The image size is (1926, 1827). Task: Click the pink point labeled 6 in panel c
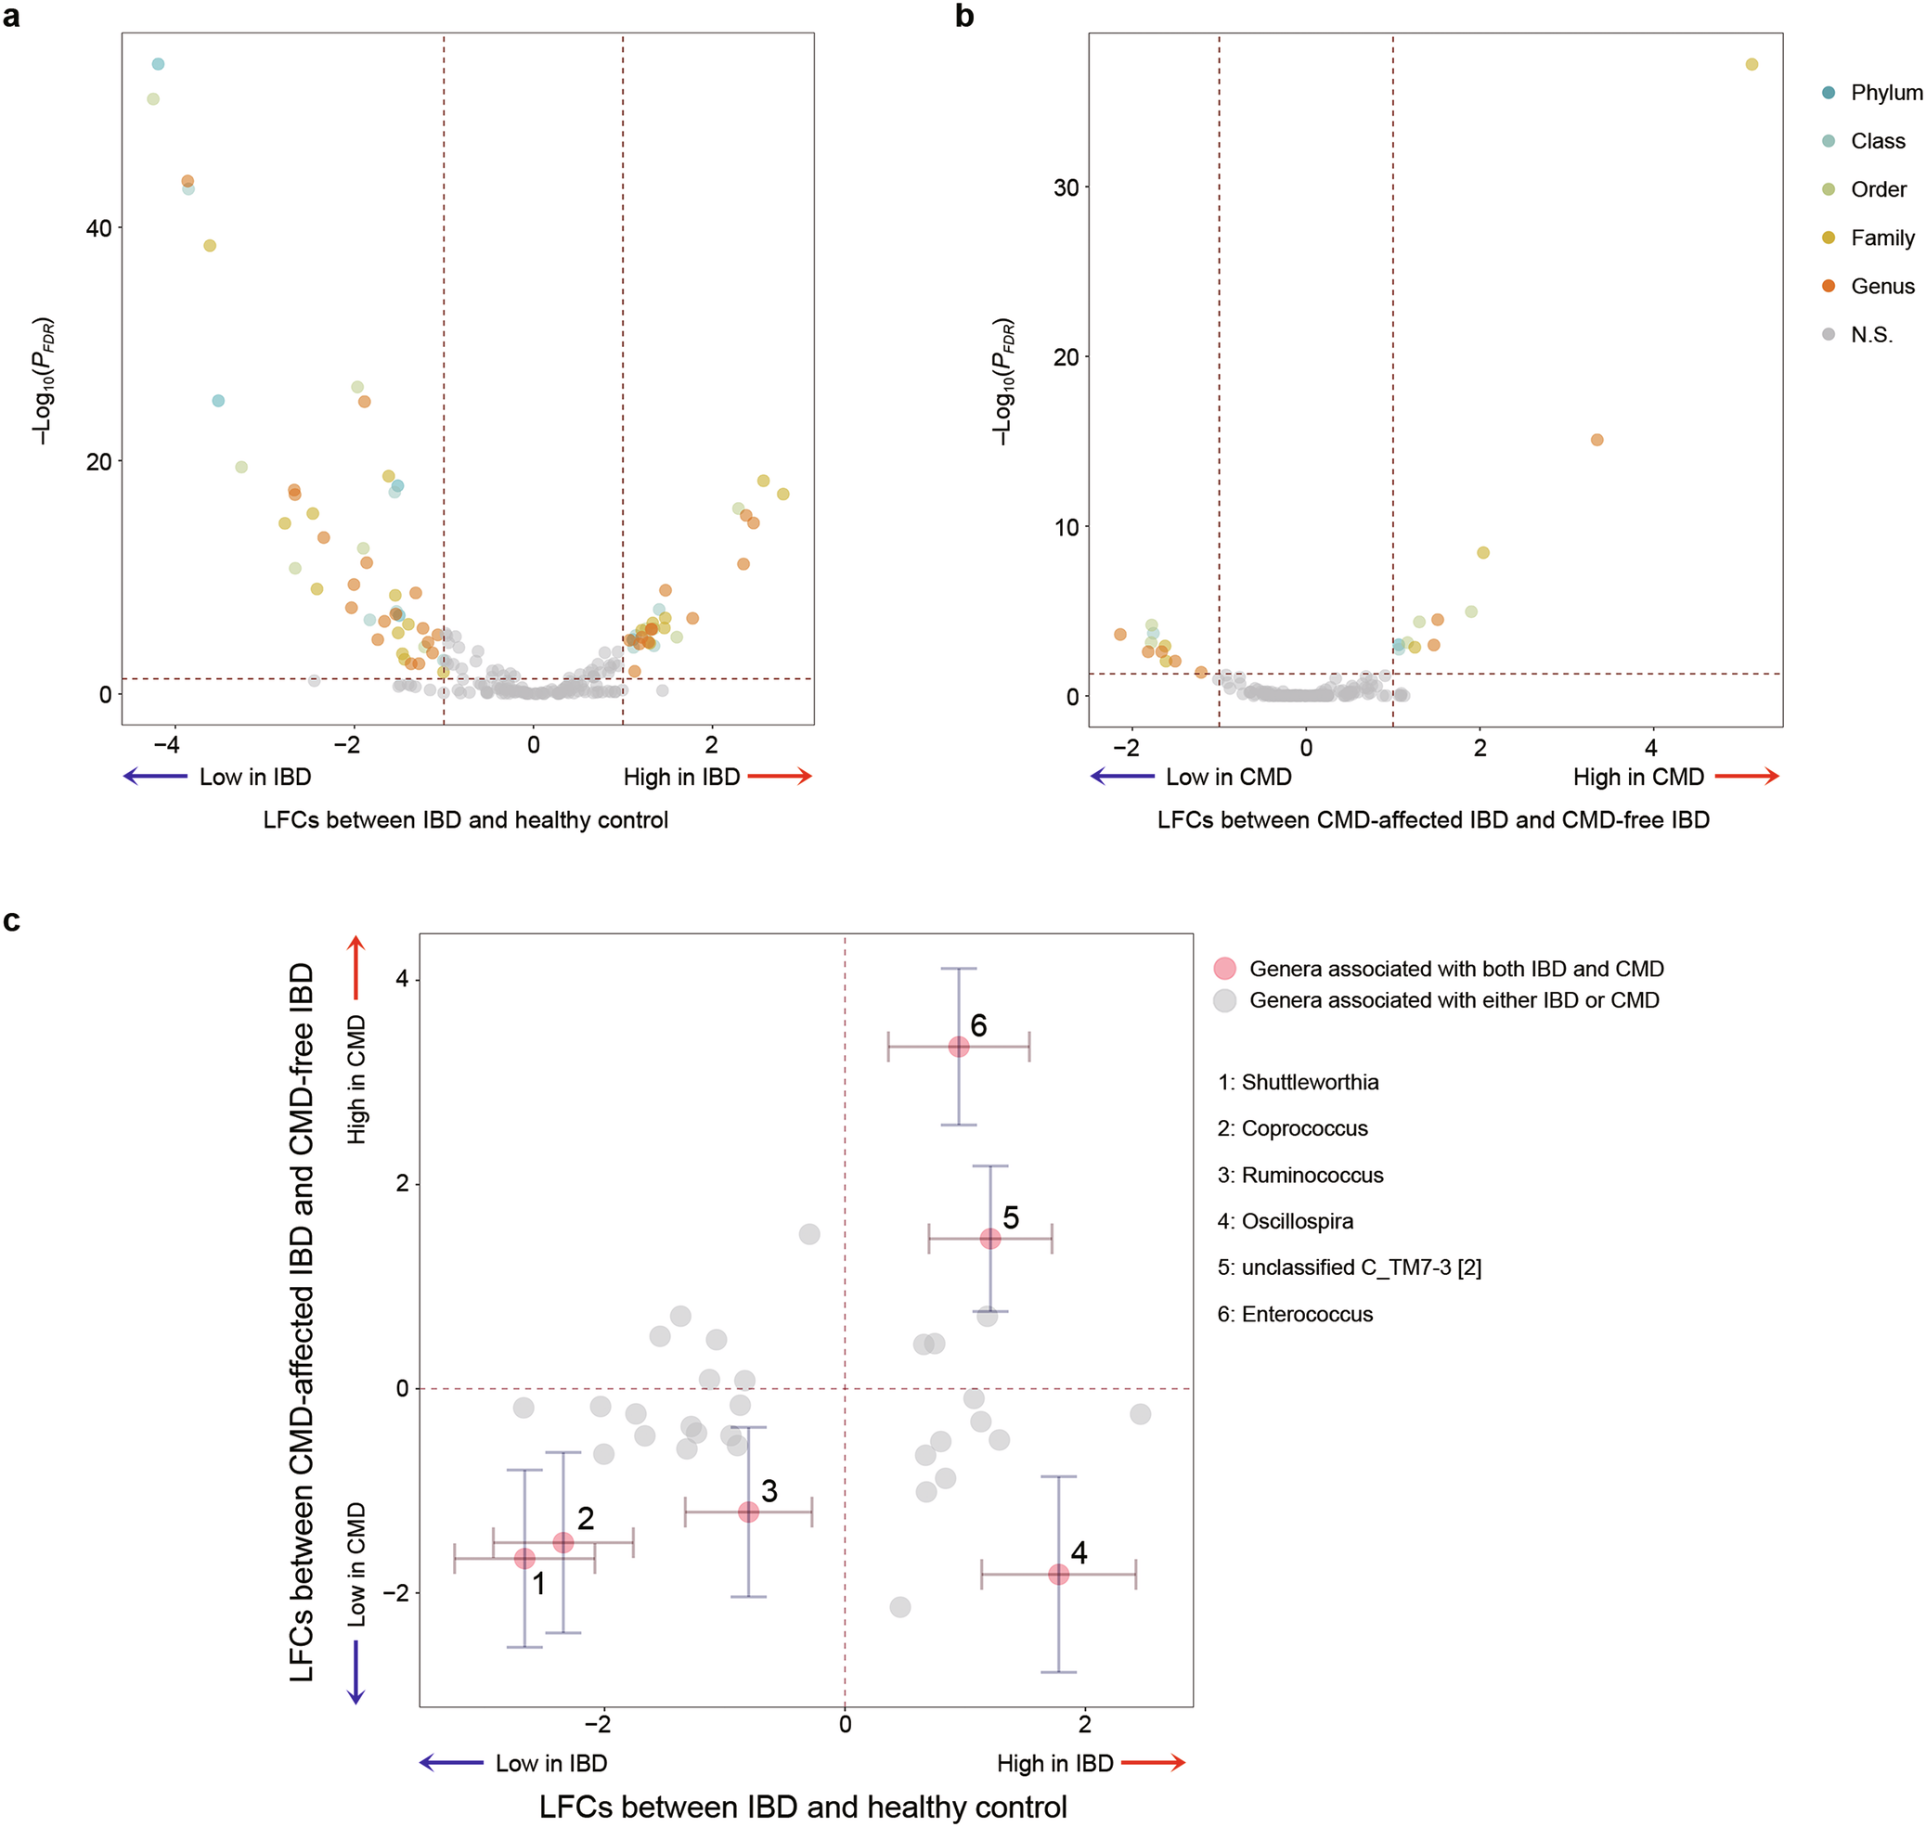(x=958, y=1047)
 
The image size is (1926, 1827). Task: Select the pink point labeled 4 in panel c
(x=1058, y=1575)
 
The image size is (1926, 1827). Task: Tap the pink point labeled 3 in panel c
(x=747, y=1512)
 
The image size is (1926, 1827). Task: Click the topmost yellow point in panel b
(x=1751, y=64)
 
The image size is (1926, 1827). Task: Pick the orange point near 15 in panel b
(x=1596, y=440)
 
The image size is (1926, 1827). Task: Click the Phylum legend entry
(x=1885, y=93)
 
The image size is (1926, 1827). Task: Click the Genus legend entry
(x=1881, y=287)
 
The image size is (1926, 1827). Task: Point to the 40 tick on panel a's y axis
(x=98, y=228)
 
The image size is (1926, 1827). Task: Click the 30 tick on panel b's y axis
(x=1066, y=187)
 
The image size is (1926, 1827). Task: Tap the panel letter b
(x=963, y=17)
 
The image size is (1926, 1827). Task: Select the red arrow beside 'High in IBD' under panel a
(x=780, y=777)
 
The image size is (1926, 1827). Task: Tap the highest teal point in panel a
(x=158, y=64)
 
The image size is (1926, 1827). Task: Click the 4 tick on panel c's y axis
(x=401, y=980)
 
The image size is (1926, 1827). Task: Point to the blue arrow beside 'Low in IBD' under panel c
(x=451, y=1764)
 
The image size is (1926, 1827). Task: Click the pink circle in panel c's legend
(x=1223, y=969)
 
